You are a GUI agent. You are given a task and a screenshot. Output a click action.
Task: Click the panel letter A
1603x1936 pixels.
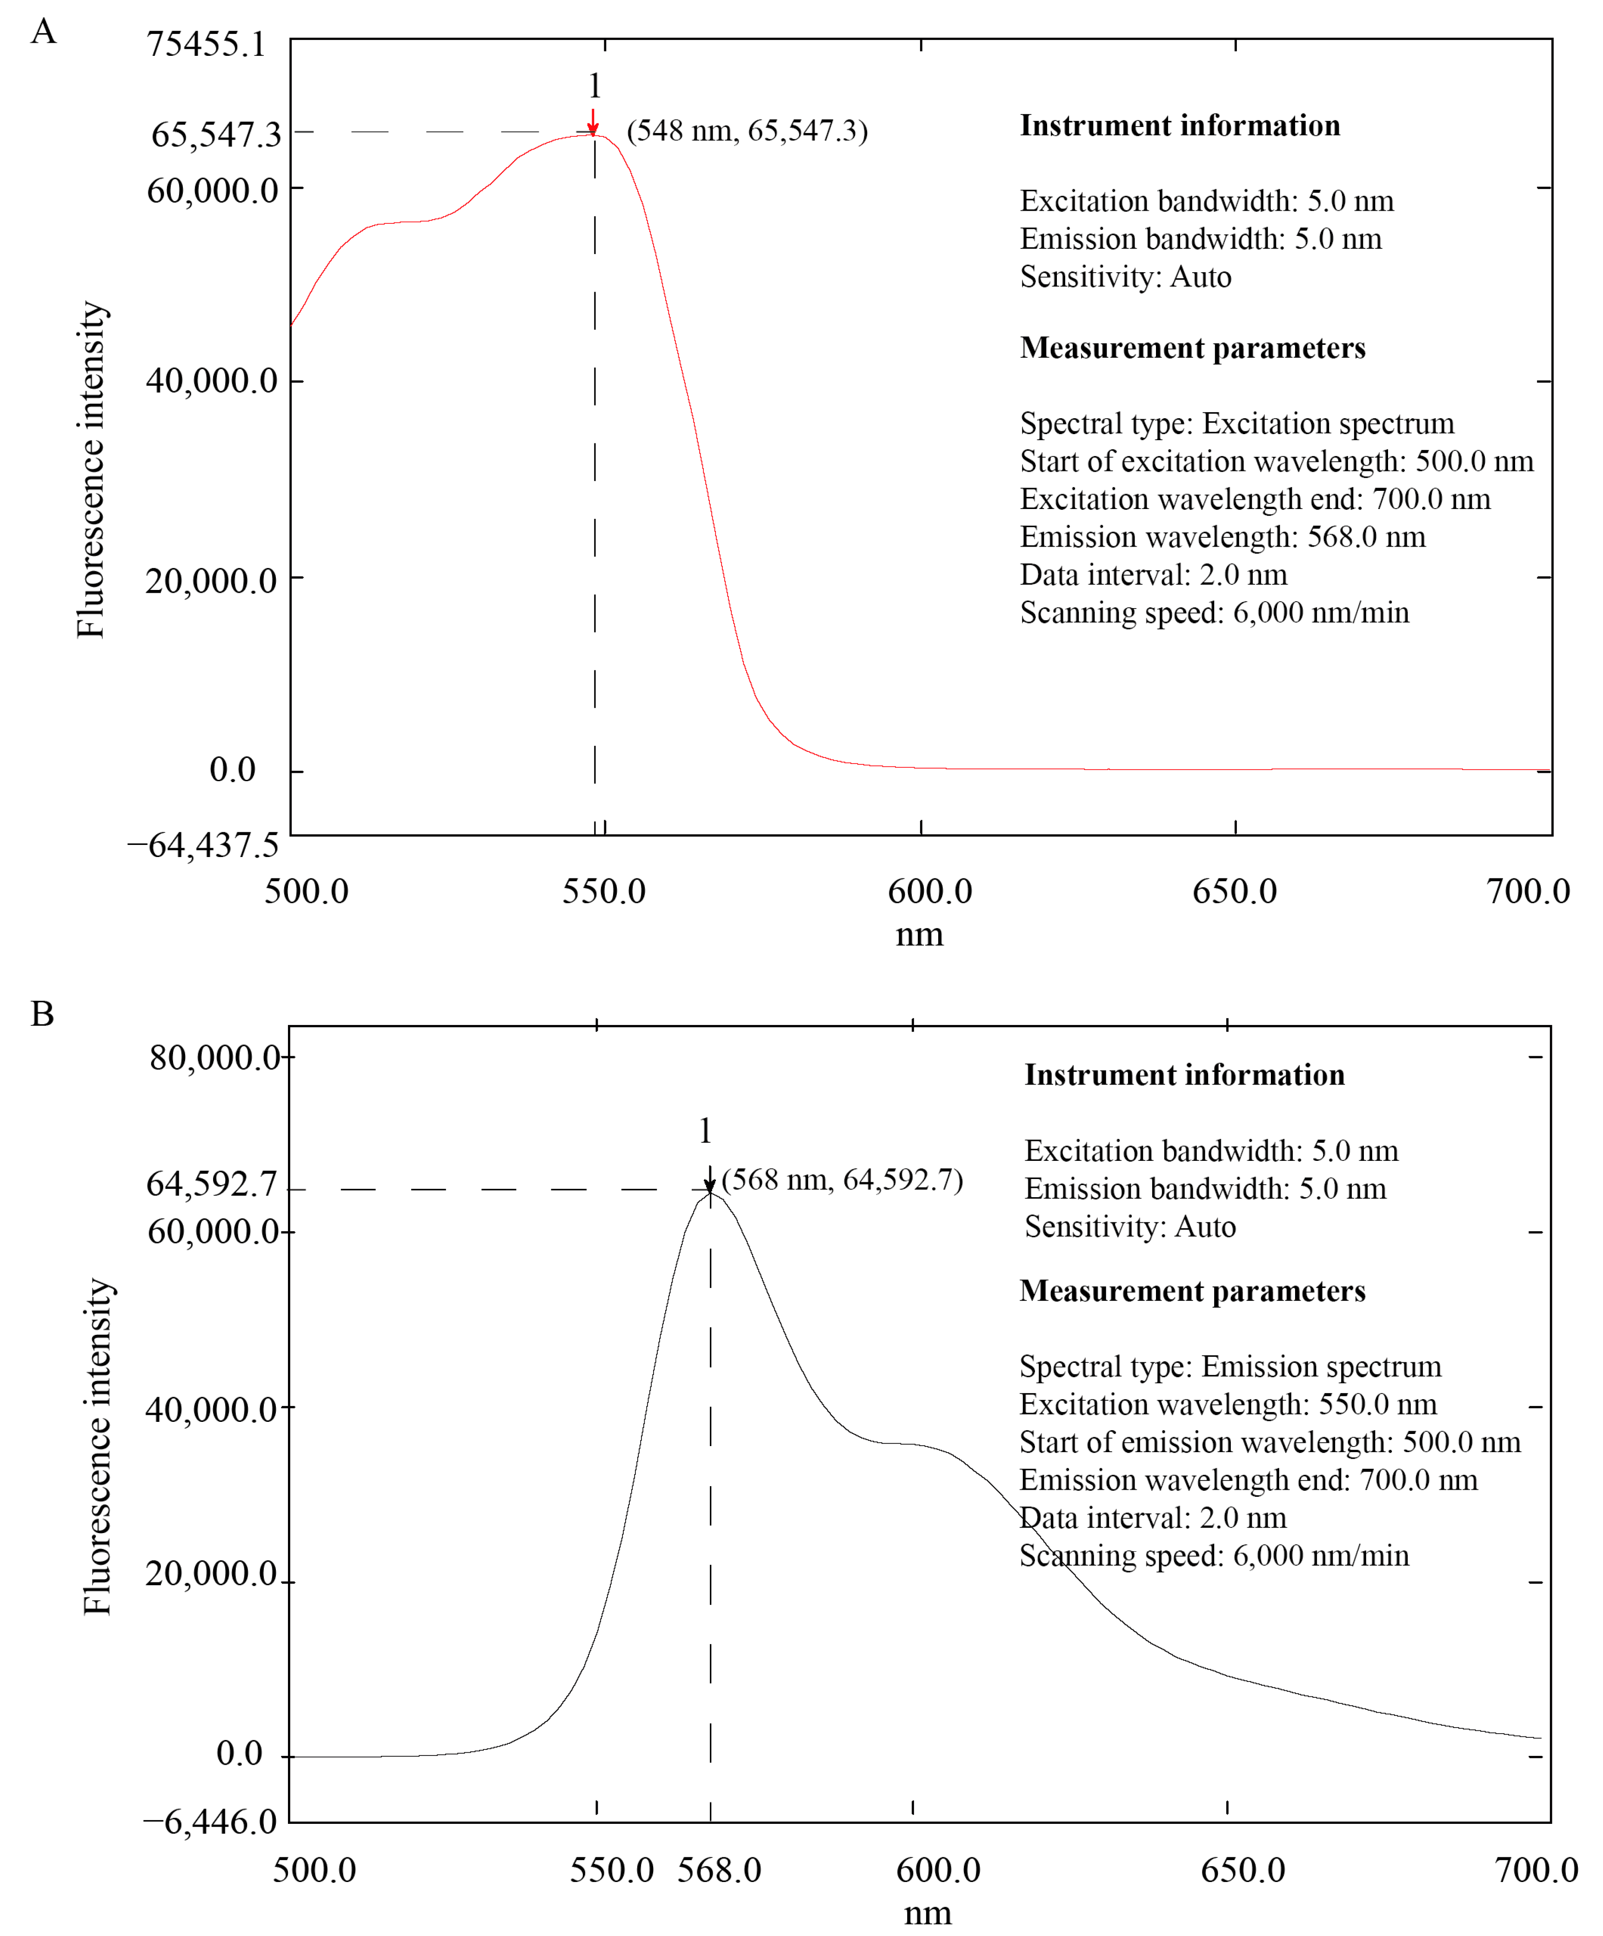tap(43, 32)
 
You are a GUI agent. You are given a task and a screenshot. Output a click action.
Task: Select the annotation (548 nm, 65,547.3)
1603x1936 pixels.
tap(747, 131)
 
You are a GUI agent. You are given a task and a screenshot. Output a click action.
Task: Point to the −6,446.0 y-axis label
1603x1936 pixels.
tap(210, 1822)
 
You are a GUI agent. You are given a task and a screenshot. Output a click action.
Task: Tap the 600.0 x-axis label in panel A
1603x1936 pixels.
tap(929, 891)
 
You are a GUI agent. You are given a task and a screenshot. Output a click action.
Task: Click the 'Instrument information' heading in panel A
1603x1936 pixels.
tap(1180, 125)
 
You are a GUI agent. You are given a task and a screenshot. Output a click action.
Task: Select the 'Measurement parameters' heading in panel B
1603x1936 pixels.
tap(1192, 1291)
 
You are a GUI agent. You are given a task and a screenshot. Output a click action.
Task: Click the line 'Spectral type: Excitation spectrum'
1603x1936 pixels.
tap(1237, 423)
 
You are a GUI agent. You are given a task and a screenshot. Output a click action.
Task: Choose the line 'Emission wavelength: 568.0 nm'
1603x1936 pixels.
tap(1222, 536)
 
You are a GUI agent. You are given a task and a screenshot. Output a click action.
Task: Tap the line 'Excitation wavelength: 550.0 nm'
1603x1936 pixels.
tap(1228, 1404)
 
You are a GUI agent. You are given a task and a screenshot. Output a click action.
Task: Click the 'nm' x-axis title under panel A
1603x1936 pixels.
tap(919, 935)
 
